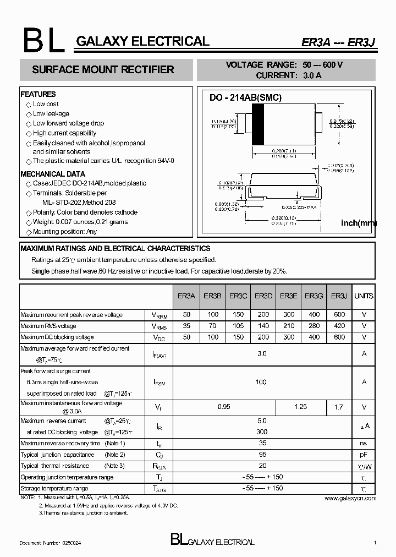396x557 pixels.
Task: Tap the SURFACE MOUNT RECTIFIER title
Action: (103, 70)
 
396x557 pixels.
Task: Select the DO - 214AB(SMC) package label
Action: (245, 98)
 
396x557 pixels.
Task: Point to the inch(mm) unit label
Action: (359, 222)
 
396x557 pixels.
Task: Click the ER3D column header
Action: (263, 296)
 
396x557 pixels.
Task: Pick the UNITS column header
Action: (364, 296)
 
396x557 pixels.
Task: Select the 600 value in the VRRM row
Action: (339, 315)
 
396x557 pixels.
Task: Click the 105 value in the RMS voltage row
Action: (238, 326)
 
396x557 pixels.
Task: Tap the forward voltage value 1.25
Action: (301, 407)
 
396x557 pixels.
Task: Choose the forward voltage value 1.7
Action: (339, 407)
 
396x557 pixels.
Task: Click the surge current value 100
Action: (261, 382)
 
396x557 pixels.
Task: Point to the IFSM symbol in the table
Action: (159, 383)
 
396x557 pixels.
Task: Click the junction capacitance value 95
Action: (262, 455)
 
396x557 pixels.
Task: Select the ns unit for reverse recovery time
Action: (364, 443)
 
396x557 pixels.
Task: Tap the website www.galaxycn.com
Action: (350, 498)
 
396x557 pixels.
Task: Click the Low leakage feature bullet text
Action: (51, 113)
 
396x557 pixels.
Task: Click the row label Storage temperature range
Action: (54, 488)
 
